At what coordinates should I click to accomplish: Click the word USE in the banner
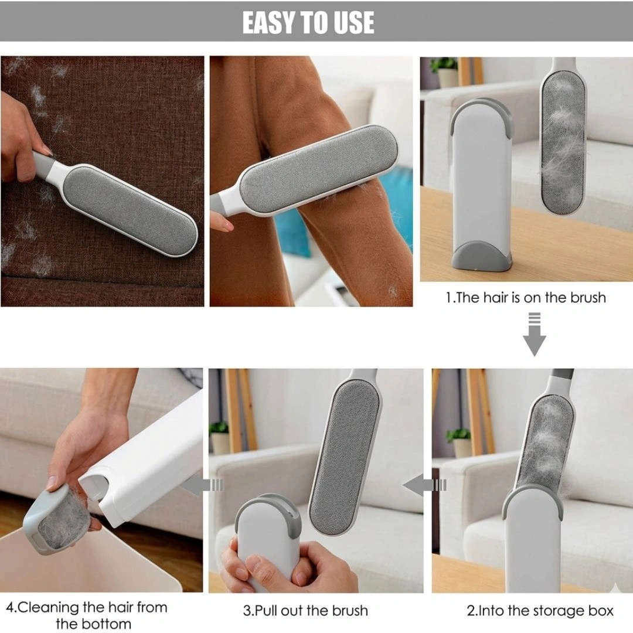[x=353, y=22]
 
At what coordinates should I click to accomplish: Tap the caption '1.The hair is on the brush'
[x=526, y=298]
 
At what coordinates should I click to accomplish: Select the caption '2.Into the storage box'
[x=540, y=610]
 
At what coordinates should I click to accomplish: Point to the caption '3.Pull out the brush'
[x=305, y=610]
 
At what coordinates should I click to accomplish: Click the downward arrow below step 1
[x=535, y=334]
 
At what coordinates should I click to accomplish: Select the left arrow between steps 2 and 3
[x=425, y=485]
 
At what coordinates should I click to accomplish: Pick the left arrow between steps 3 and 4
[x=202, y=485]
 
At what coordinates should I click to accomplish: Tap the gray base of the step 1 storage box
[x=481, y=256]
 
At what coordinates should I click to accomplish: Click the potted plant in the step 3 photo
[x=220, y=438]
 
